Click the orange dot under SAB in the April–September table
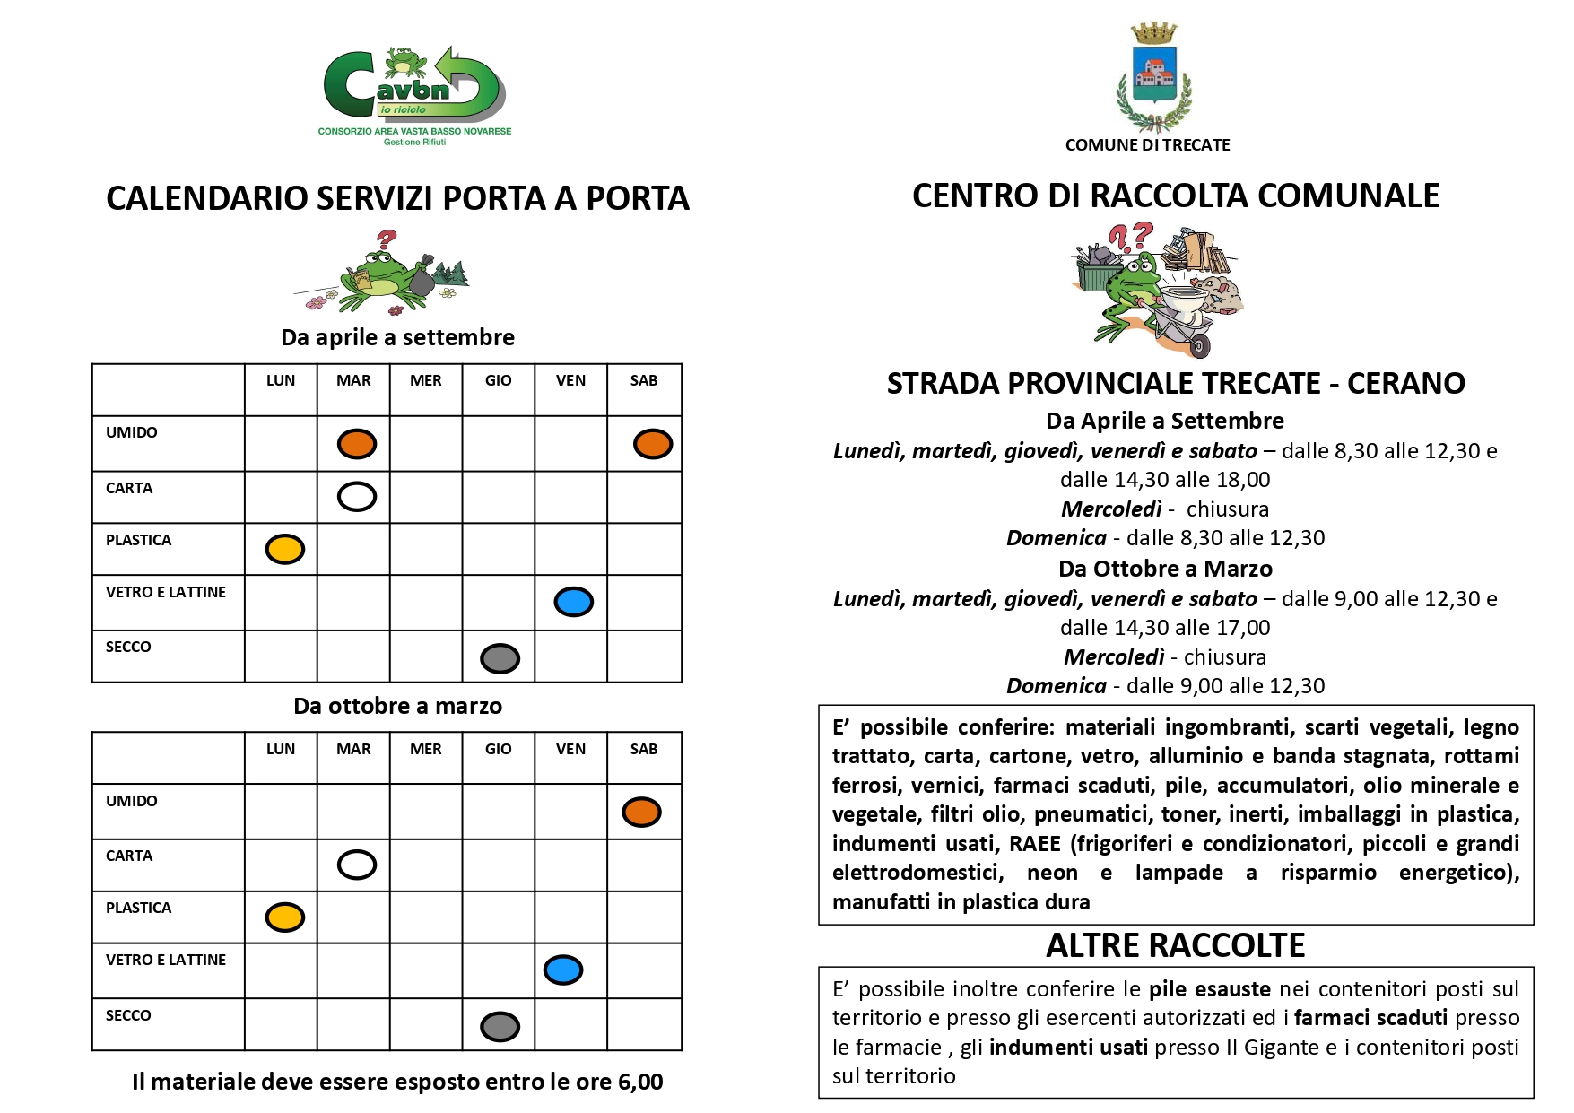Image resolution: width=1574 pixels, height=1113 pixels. (652, 444)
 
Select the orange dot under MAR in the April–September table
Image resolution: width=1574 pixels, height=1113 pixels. (356, 444)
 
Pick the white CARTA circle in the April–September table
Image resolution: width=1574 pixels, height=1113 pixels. (356, 496)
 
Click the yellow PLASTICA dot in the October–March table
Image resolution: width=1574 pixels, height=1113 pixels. (284, 917)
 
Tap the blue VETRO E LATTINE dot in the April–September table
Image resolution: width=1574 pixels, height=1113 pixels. (573, 601)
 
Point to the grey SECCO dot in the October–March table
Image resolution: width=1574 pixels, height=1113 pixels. (500, 1026)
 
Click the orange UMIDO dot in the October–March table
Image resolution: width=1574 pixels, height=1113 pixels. (641, 812)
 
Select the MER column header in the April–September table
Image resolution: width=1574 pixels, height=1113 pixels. (425, 380)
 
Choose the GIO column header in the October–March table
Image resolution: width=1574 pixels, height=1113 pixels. (498, 749)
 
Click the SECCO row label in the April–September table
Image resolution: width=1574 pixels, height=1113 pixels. (128, 647)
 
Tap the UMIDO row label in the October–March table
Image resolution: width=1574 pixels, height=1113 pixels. (131, 801)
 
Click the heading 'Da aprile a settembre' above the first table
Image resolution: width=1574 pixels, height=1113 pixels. (397, 337)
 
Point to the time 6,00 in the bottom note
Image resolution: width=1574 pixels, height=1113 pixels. (640, 1082)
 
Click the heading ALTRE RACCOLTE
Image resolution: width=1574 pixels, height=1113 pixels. (1175, 945)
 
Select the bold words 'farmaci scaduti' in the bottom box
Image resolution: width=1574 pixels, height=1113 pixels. (1370, 1017)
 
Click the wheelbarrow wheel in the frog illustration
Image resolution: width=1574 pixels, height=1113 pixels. (1199, 345)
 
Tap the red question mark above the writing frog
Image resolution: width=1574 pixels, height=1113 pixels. (387, 240)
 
